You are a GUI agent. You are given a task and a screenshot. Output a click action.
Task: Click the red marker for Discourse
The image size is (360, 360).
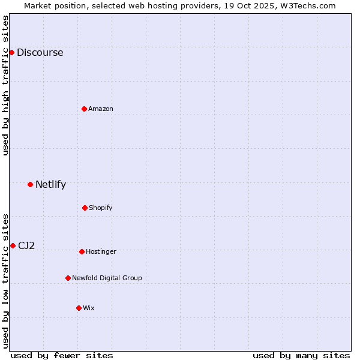[11, 52]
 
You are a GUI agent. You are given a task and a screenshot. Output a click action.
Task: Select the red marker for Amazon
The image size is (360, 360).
[84, 109]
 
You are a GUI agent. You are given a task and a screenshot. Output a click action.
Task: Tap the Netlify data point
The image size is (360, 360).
[30, 184]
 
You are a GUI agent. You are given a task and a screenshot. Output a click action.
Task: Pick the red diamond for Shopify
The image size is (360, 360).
[85, 208]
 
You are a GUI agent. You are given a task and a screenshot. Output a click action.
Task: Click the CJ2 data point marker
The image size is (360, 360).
[13, 245]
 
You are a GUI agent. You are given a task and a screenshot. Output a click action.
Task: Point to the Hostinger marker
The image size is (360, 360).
[82, 251]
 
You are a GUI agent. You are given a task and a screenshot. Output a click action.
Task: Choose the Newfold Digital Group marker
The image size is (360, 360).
[68, 278]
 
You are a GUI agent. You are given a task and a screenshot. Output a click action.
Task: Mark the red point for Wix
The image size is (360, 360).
[79, 308]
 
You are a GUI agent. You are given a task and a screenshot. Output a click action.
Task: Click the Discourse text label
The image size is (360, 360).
[40, 52]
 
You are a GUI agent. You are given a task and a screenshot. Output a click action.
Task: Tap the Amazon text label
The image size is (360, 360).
[101, 109]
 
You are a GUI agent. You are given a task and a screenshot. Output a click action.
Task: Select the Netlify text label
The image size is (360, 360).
[50, 184]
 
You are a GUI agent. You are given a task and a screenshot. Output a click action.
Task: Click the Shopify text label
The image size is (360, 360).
[101, 208]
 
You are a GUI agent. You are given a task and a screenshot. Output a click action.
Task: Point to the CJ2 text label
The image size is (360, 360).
[26, 245]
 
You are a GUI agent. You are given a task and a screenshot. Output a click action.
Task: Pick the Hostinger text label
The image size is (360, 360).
[101, 251]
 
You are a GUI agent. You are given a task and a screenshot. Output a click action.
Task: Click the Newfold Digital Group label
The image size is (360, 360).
[107, 278]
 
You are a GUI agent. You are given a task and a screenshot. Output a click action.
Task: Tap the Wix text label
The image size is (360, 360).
[89, 308]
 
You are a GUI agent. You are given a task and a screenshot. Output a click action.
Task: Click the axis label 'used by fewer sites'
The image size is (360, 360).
[62, 355]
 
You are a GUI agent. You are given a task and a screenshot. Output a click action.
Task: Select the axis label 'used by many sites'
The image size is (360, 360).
[301, 355]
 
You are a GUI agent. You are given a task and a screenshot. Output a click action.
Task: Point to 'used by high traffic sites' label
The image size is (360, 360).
[5, 85]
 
